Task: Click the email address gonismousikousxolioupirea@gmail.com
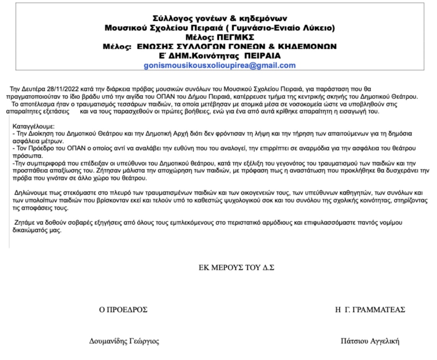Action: (219, 65)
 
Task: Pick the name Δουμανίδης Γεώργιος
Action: (124, 341)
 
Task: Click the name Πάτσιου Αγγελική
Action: (370, 341)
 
